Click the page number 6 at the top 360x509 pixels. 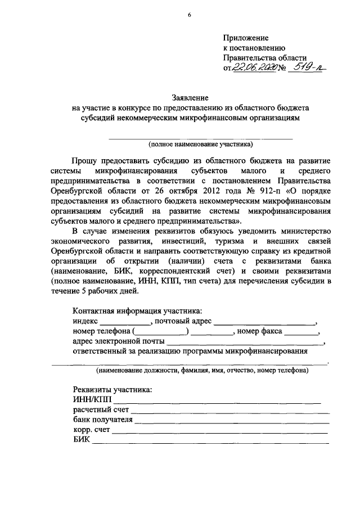click(189, 15)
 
